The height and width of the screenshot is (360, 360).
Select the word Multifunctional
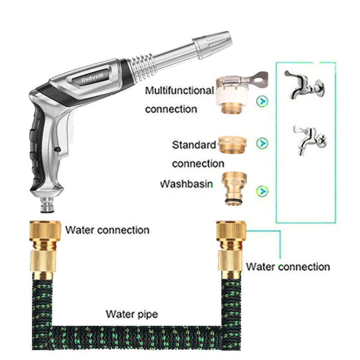point(179,90)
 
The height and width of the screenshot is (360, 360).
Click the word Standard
point(194,145)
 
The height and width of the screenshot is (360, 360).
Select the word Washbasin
point(186,184)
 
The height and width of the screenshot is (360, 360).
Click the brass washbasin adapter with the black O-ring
point(232,189)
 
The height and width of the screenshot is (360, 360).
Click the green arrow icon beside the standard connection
point(261,143)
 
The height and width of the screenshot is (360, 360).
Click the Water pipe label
point(132,314)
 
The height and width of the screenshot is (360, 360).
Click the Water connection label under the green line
point(288,266)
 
